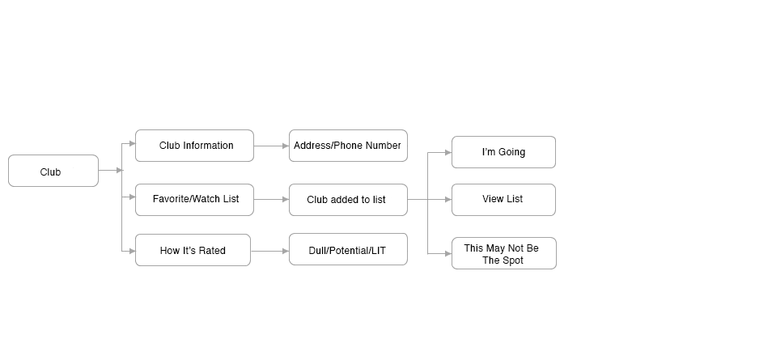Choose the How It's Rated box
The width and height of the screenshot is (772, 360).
click(x=193, y=251)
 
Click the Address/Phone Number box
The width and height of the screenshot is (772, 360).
click(x=348, y=146)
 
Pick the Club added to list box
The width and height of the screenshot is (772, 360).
click(x=348, y=199)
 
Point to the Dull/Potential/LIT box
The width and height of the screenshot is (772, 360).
click(x=348, y=251)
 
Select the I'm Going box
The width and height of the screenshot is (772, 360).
click(x=503, y=152)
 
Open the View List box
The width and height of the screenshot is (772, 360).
click(x=503, y=199)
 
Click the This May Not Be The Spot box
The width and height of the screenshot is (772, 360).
click(x=503, y=253)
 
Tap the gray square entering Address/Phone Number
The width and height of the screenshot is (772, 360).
click(x=286, y=146)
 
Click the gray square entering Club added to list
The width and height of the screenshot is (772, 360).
click(x=286, y=199)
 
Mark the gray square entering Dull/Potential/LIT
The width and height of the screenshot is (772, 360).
click(x=286, y=252)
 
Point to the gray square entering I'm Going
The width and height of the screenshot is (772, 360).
click(x=448, y=152)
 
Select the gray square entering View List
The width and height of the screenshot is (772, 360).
click(x=448, y=199)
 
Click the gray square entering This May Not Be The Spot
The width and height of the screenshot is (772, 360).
click(x=448, y=253)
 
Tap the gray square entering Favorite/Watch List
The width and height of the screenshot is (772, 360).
click(x=132, y=197)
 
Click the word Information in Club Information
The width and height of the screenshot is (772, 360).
click(x=208, y=146)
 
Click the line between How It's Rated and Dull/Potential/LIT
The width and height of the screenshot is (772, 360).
click(x=266, y=252)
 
